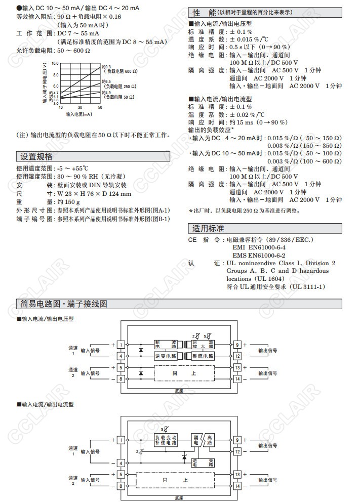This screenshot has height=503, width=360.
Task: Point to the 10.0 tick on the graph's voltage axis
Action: click(x=55, y=64)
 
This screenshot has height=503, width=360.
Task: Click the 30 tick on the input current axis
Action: click(x=80, y=108)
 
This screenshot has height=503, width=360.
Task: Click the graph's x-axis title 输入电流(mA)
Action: click(x=79, y=115)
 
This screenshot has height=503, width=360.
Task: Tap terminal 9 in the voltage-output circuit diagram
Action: click(x=237, y=345)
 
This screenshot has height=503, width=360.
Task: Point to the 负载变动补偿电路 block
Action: click(x=166, y=439)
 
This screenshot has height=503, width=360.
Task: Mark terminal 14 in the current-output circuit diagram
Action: click(x=237, y=486)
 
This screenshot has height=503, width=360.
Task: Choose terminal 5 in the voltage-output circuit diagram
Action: click(x=122, y=367)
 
